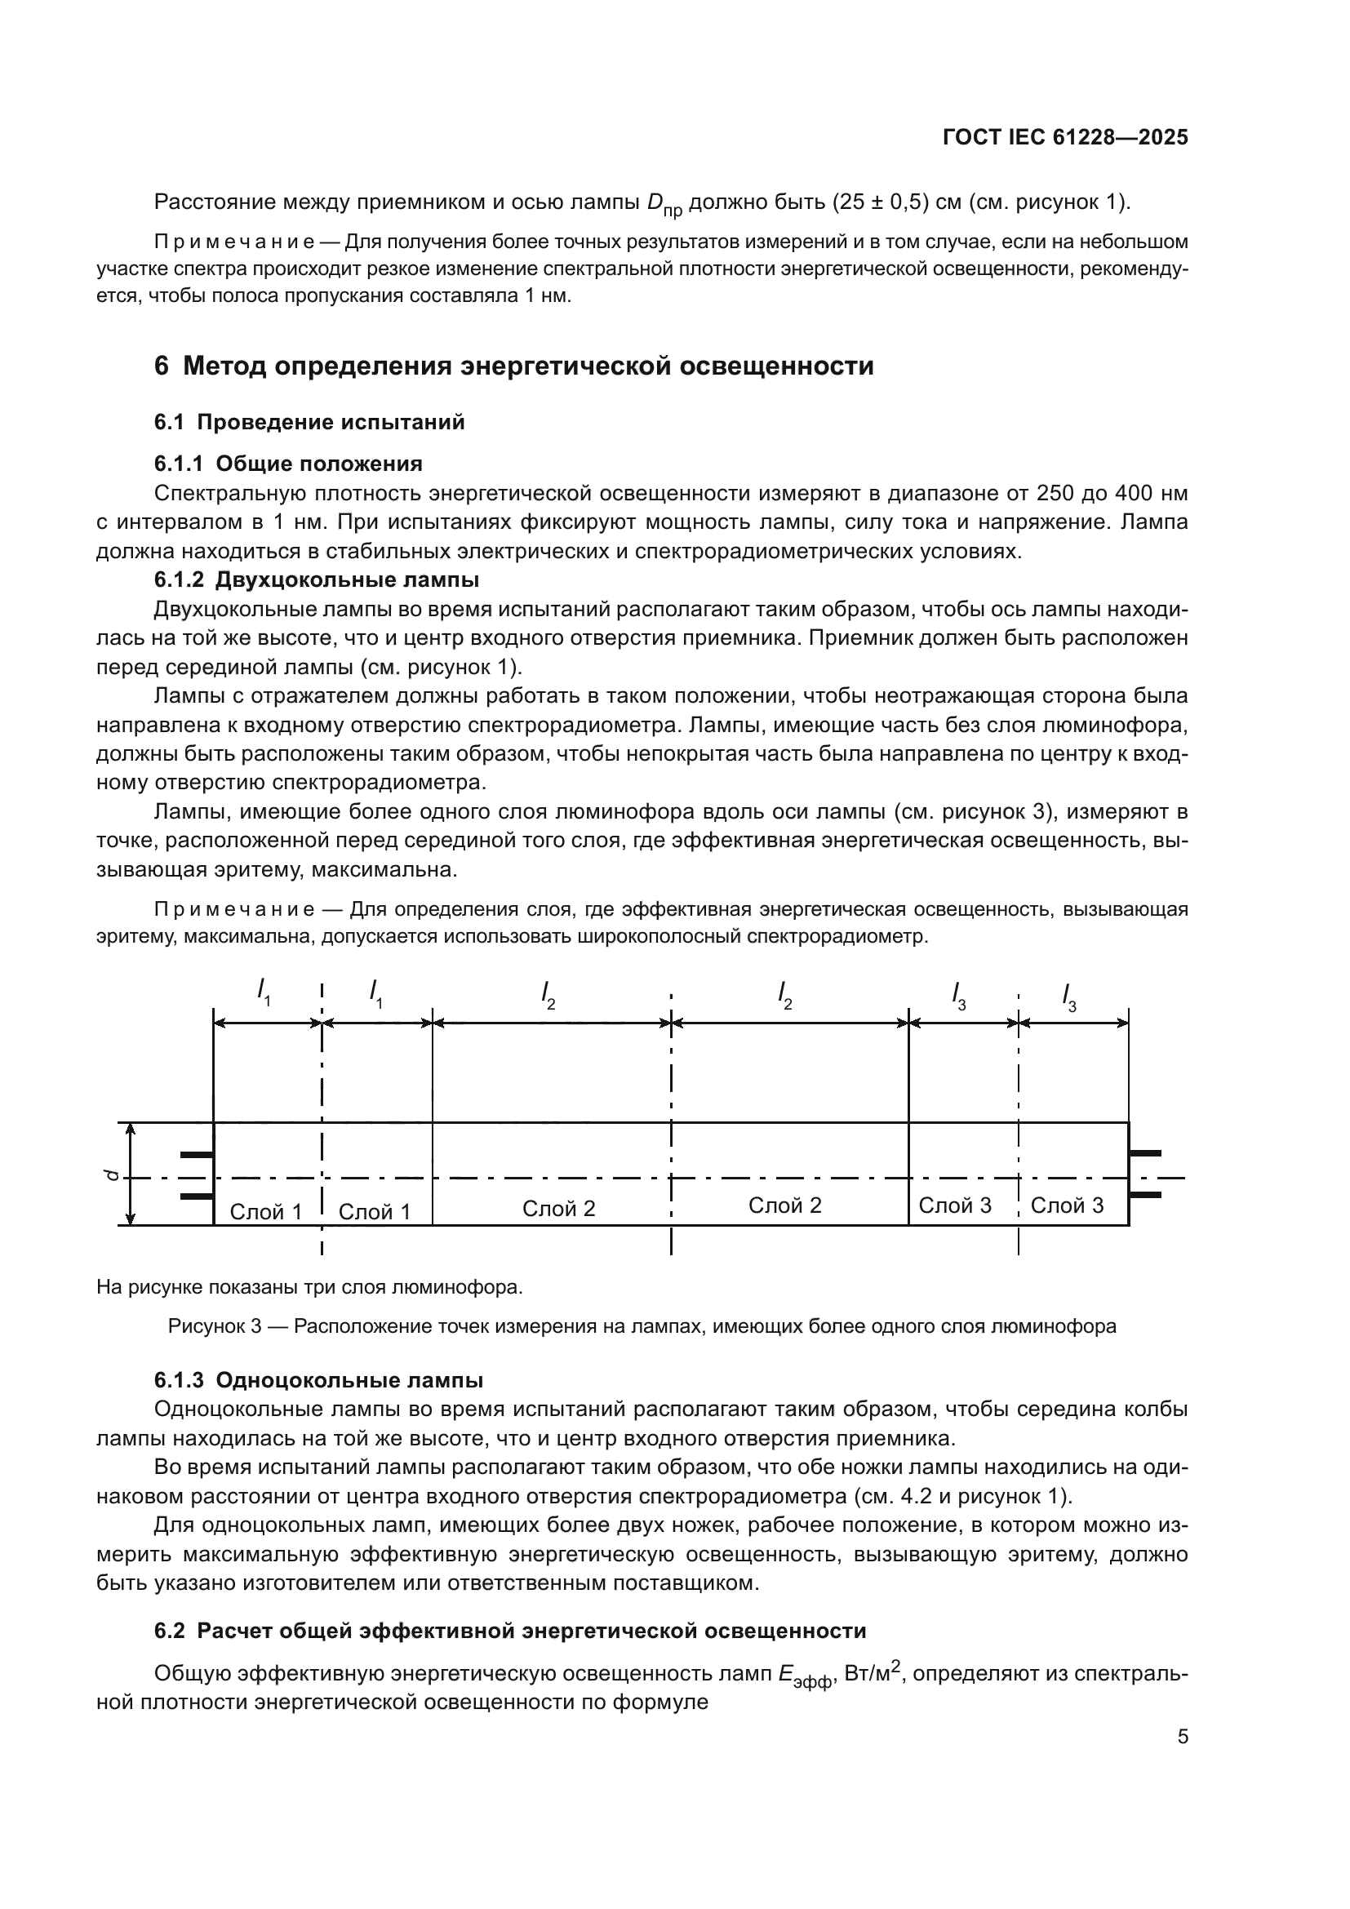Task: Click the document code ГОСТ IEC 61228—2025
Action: tap(1065, 137)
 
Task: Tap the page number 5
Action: tap(1182, 1736)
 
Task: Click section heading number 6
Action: tap(162, 366)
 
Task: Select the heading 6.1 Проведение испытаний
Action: tap(309, 423)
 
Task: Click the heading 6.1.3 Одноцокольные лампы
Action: tap(318, 1380)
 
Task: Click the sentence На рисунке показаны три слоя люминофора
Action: tap(309, 1287)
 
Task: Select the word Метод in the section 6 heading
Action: tap(224, 366)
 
